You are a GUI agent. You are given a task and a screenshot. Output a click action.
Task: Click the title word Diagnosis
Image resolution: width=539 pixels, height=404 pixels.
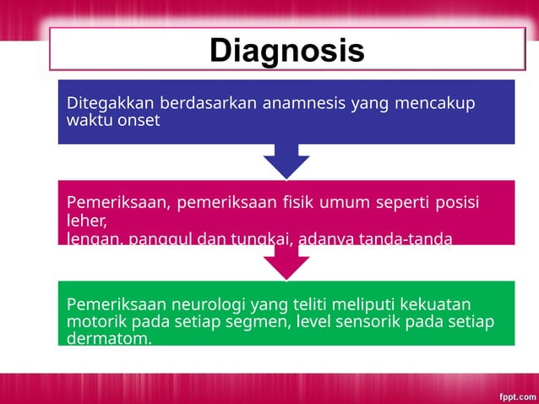pyautogui.click(x=286, y=51)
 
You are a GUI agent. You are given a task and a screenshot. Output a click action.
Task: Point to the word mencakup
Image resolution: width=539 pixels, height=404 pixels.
pyautogui.click(x=433, y=103)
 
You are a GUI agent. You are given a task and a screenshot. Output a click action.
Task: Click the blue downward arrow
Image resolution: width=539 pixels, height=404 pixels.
pyautogui.click(x=286, y=161)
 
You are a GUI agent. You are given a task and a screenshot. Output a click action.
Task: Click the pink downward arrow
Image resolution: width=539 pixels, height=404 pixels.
pyautogui.click(x=286, y=262)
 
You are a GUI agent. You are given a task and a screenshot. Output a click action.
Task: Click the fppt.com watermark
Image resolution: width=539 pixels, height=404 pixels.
pyautogui.click(x=515, y=395)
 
